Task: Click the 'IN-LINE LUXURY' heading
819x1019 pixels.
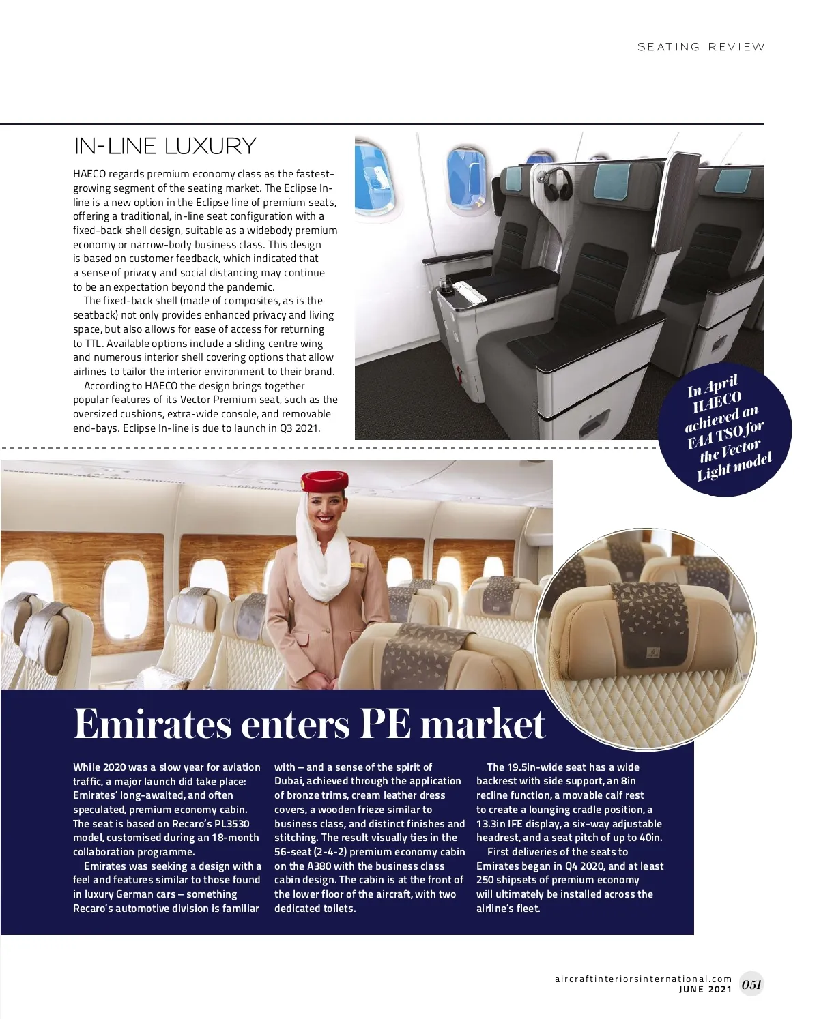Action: tap(165, 146)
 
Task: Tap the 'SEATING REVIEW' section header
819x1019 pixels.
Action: tap(701, 47)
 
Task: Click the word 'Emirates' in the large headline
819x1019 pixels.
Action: tap(153, 724)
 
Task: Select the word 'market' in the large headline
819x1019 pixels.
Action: tap(483, 724)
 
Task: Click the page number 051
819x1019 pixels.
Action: tap(751, 984)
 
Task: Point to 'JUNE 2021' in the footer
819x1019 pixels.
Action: tap(705, 990)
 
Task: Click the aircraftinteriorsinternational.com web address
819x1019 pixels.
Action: tap(643, 979)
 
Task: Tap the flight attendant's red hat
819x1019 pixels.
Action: tap(325, 481)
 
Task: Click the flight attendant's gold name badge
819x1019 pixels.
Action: tap(357, 565)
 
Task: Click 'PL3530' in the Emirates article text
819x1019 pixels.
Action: tap(228, 824)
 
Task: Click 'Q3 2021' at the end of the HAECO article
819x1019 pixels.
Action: tap(300, 428)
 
